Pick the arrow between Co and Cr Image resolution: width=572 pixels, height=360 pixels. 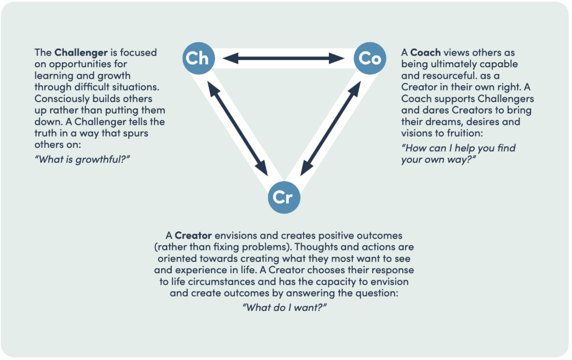(x=330, y=128)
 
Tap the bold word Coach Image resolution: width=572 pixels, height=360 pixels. (x=426, y=52)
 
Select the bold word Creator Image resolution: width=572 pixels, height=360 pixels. (x=193, y=236)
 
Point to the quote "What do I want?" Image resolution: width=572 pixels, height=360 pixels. (x=285, y=307)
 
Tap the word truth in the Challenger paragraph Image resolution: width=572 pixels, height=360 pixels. (x=46, y=133)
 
